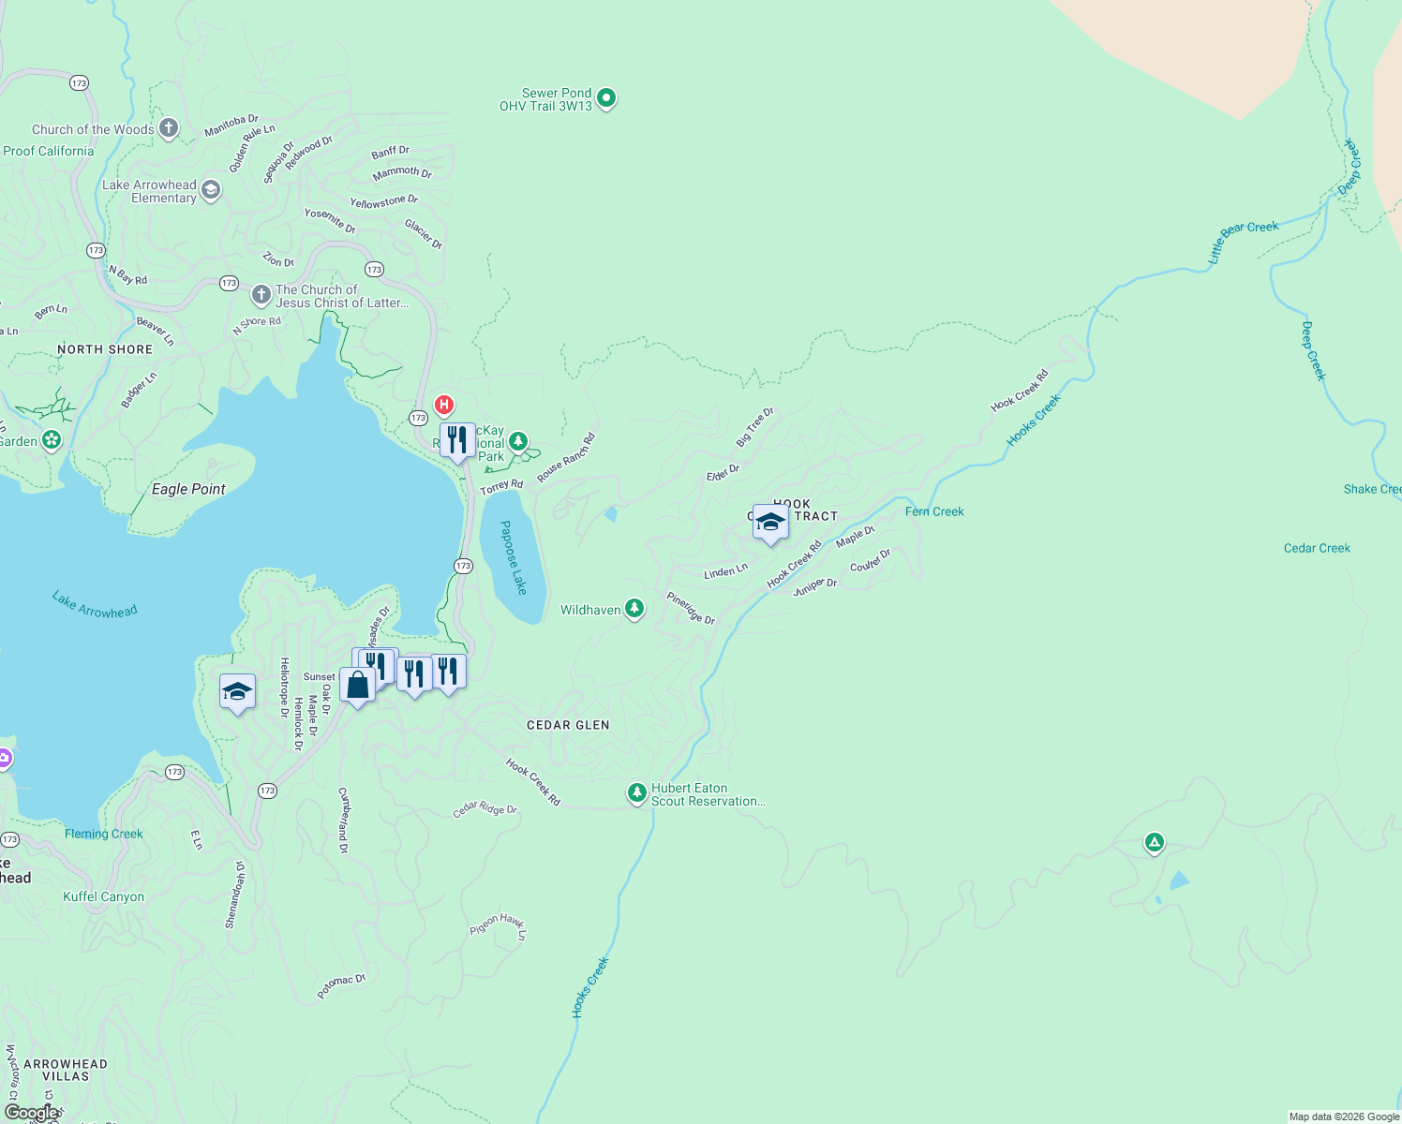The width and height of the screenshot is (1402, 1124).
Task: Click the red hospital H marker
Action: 444,406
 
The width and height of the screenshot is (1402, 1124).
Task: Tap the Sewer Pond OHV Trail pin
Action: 606,97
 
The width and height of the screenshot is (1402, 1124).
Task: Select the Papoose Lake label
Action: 513,557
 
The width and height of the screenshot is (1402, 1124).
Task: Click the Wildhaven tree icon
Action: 634,609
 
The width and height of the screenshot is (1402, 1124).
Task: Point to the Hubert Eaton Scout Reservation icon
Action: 637,793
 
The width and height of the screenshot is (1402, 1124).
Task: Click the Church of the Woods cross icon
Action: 169,128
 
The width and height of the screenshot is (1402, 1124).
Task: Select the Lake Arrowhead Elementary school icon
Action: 212,190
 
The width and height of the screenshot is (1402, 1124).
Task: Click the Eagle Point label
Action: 188,489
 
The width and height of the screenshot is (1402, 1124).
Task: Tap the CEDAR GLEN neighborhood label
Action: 568,725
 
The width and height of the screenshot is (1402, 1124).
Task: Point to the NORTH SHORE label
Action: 105,349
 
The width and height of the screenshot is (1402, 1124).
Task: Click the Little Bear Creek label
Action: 1244,241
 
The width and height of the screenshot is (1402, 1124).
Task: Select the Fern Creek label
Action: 934,511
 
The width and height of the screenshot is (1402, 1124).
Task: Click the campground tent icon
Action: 1155,843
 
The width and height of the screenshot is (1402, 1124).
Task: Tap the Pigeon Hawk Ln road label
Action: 499,925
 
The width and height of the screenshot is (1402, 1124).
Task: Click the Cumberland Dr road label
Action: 344,821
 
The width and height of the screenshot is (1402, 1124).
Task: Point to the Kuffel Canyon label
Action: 103,896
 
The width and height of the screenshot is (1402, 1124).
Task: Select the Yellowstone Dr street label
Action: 383,201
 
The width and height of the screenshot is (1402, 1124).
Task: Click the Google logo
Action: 32,1113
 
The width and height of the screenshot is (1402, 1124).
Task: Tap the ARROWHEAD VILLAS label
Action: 66,1070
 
